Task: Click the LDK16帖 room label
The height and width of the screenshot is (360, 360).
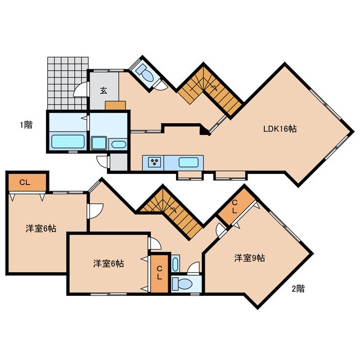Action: (280, 129)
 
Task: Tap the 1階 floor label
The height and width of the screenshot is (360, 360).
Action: (26, 125)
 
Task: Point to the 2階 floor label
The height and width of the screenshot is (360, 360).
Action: (298, 289)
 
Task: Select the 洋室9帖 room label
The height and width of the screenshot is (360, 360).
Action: (250, 258)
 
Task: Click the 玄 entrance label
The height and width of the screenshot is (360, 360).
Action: (103, 91)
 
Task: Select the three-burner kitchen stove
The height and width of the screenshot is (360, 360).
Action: (154, 162)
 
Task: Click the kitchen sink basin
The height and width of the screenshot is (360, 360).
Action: (188, 162)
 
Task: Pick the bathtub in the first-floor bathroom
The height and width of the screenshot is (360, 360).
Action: (67, 141)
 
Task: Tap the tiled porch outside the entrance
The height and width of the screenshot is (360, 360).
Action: (67, 83)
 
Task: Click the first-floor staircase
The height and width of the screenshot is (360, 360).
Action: (210, 92)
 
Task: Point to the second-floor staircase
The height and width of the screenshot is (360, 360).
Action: (173, 213)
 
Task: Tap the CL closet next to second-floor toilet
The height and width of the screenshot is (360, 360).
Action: (159, 273)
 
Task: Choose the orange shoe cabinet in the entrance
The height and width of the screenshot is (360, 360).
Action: (115, 105)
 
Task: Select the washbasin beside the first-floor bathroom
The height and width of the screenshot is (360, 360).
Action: (119, 145)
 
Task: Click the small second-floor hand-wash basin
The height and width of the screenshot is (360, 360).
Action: (175, 264)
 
